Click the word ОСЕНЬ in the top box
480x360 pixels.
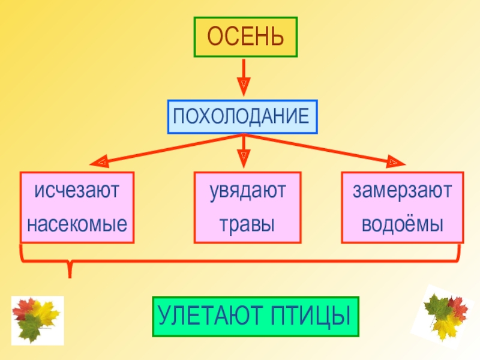245,37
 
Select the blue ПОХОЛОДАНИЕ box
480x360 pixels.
242,116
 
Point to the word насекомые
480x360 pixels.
77,225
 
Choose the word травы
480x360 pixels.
247,225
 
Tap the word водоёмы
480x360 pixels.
402,225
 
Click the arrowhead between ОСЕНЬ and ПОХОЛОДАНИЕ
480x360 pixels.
243,87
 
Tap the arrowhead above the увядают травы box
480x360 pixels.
244,159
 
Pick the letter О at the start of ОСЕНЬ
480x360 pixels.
215,37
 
